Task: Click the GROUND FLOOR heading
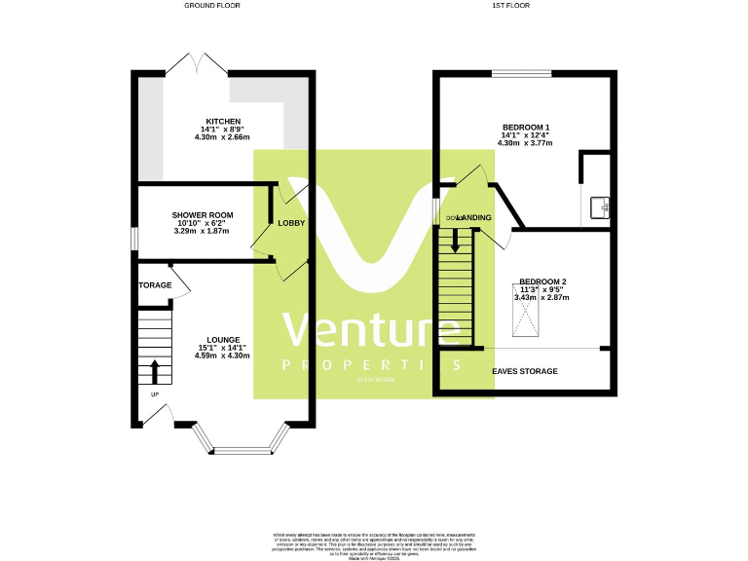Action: tap(211, 6)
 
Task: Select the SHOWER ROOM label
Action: tap(203, 215)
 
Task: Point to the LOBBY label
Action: tap(290, 223)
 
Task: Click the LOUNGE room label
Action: tap(222, 340)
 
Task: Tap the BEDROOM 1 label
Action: tap(526, 128)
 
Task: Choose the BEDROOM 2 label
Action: tap(542, 281)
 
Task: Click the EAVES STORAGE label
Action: tap(525, 371)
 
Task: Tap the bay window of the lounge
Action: tap(243, 448)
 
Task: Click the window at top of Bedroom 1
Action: tap(520, 73)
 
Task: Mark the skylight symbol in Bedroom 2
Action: tap(525, 318)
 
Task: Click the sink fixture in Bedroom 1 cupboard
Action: tap(603, 206)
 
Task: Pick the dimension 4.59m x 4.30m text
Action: tap(222, 355)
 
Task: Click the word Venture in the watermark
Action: tap(370, 332)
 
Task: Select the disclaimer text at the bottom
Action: tap(374, 544)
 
